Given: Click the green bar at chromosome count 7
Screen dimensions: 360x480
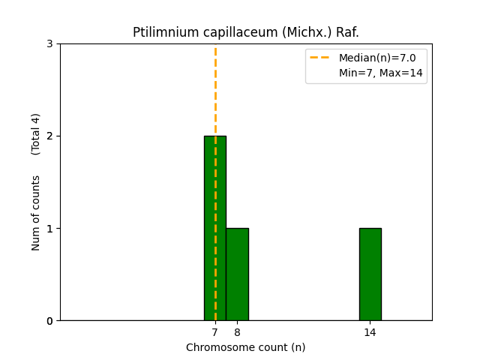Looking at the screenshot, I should (214, 228).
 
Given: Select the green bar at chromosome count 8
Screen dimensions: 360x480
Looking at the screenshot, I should (237, 274).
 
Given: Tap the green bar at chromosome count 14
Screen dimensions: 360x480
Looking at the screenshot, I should (370, 274).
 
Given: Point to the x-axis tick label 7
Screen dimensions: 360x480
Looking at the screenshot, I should (214, 332).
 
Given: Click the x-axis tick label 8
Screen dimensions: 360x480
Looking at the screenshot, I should (237, 332).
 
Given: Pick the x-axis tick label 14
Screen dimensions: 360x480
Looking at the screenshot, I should (370, 332).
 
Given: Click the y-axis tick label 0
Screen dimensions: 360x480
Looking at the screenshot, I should (49, 321).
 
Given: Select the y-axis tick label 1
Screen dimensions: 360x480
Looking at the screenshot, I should (49, 229).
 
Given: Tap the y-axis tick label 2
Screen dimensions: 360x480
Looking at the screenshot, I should (49, 136).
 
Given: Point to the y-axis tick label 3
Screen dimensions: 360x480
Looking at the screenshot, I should (49, 43).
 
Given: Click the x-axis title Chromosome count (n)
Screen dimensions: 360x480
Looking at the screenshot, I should (245, 347).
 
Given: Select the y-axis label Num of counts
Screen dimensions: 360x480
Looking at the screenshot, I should (36, 212).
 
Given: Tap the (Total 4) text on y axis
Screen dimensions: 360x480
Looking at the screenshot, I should (36, 133).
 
